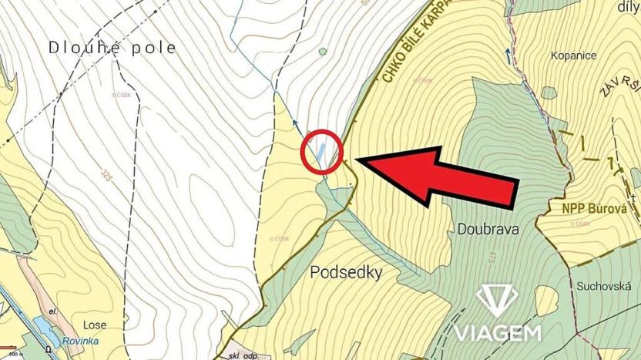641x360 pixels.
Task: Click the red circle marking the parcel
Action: (x=321, y=151)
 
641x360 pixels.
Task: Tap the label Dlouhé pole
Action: (x=112, y=48)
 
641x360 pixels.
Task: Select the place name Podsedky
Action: (x=346, y=273)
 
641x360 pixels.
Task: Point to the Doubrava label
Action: (x=488, y=229)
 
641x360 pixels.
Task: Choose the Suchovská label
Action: (x=604, y=285)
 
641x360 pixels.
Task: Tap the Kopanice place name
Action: (x=575, y=56)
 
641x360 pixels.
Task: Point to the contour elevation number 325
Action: (x=106, y=173)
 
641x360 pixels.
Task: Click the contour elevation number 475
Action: (x=489, y=257)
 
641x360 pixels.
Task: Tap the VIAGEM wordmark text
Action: (x=497, y=333)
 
